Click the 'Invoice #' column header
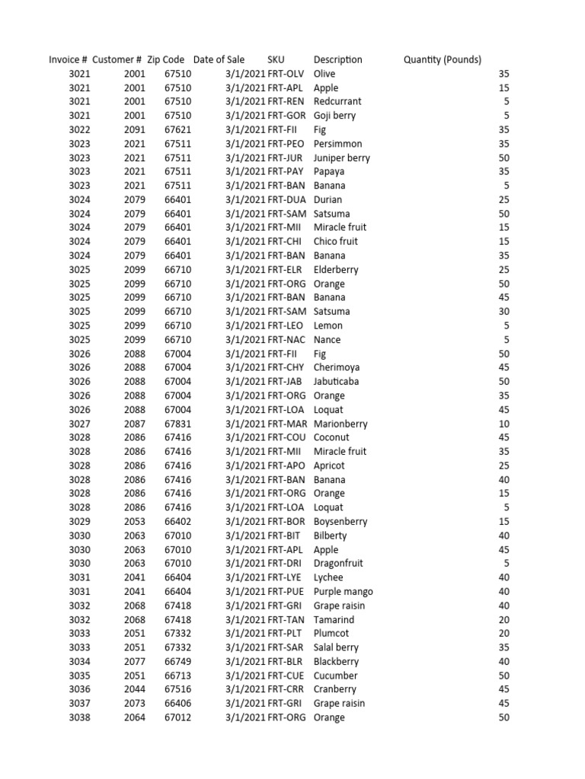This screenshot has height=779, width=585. point(68,59)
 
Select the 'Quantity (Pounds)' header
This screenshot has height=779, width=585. point(442,59)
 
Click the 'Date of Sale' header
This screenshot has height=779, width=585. point(219,59)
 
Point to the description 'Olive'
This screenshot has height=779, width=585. point(324,74)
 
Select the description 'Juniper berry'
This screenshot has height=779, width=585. point(341,157)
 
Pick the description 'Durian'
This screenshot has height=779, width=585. point(328,199)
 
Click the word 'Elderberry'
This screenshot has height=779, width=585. point(336,269)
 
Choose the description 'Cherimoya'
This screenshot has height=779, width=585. point(336,367)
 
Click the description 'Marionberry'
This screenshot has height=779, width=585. point(340,424)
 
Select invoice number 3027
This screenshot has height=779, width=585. point(79,424)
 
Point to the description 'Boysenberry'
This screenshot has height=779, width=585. point(340,522)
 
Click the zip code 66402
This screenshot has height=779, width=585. point(178,522)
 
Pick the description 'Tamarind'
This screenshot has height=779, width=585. point(334,619)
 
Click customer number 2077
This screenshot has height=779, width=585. point(134,661)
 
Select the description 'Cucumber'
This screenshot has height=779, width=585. point(335,676)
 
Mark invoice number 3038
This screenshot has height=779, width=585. point(79,717)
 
